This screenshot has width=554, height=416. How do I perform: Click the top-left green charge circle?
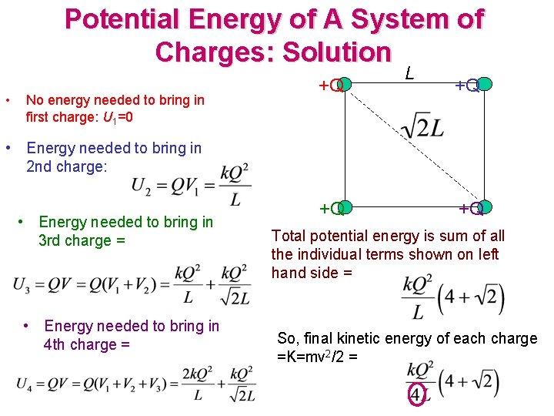click(x=344, y=84)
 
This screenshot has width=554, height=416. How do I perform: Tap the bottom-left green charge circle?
click(x=344, y=207)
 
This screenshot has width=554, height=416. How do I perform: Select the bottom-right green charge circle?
click(x=484, y=207)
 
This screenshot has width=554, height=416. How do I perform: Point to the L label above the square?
click(x=410, y=73)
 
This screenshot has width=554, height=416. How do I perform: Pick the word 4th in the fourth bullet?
click(x=58, y=344)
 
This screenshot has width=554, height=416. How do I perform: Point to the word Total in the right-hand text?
click(x=291, y=236)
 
